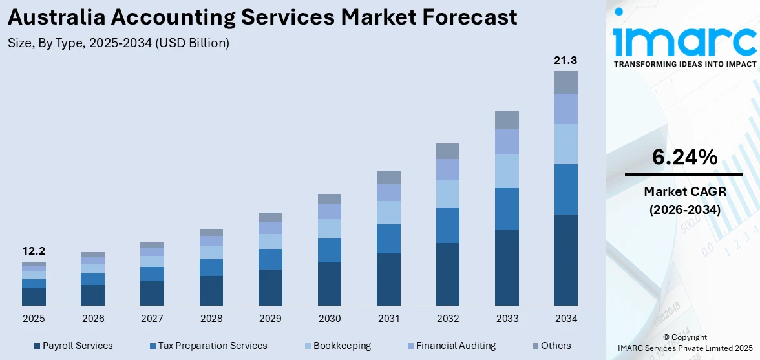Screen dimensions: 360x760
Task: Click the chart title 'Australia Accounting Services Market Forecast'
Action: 262,17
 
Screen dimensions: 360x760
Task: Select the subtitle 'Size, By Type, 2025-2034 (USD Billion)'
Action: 118,43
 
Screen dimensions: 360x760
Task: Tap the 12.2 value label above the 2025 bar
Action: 34,251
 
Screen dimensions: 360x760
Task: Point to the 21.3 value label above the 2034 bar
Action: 565,60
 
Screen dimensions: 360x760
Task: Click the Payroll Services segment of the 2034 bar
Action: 565,260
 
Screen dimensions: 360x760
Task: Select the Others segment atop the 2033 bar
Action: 507,120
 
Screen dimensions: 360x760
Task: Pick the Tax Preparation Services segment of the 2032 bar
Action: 447,226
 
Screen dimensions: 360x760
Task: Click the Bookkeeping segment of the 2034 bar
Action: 565,144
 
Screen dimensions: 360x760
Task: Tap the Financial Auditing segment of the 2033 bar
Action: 507,142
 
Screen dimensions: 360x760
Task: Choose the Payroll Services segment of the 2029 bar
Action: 270,288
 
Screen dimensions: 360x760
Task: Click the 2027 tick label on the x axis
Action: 152,319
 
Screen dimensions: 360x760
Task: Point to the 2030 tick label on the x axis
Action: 329,319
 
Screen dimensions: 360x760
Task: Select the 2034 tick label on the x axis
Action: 565,319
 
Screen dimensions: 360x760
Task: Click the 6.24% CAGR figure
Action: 684,157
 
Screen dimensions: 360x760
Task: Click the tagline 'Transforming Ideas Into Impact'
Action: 684,64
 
